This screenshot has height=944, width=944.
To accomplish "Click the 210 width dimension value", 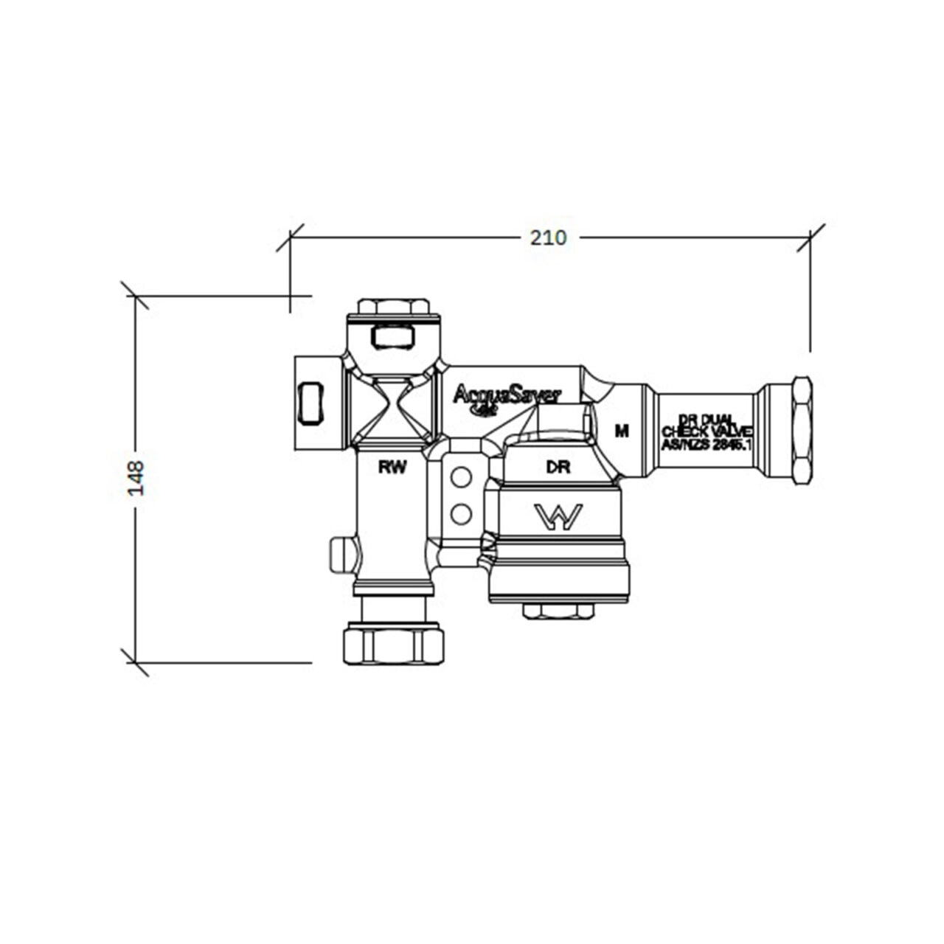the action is point(549,237).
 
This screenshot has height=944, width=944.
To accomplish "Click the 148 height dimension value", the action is point(136,478).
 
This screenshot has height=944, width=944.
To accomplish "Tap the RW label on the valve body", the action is point(392,467).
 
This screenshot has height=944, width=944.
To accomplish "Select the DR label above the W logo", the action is point(558,468).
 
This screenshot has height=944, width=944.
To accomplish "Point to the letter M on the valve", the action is point(622,431).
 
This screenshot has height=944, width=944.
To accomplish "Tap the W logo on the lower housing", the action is point(558,517).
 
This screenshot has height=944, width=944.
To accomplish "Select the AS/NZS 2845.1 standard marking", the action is point(707,445).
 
